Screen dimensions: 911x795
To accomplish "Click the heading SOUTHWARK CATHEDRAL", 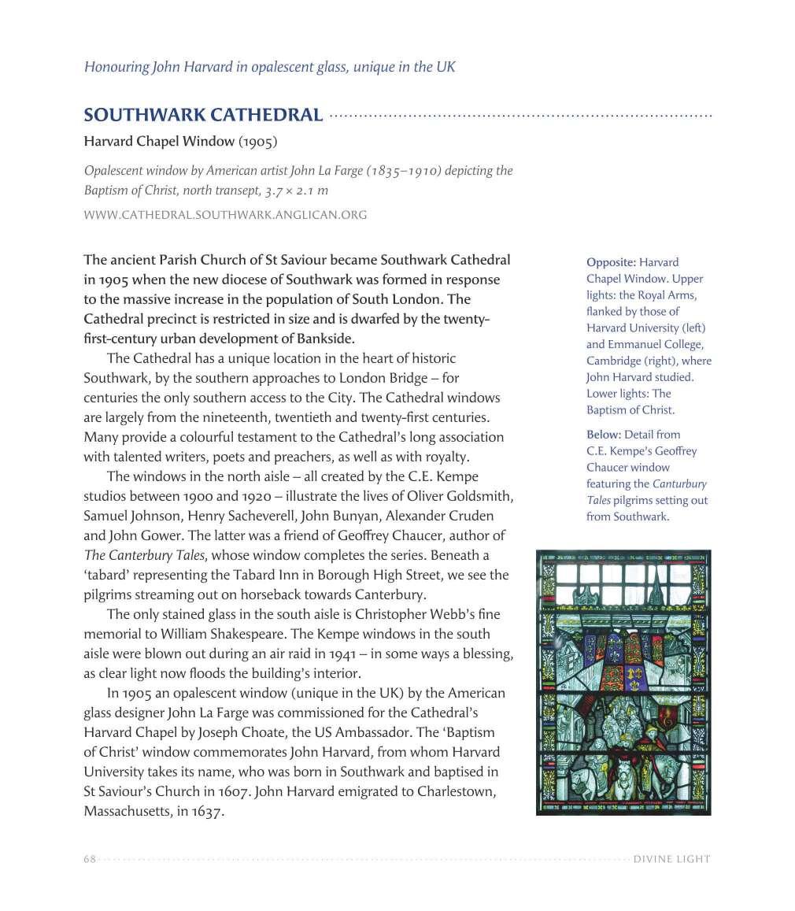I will (203, 115).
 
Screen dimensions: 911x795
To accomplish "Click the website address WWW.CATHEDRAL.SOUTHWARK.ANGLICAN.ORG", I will (225, 214).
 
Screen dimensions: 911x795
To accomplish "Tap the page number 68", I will (90, 859).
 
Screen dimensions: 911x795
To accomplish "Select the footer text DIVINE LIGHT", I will (671, 859).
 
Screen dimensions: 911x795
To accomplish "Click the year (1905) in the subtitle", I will (258, 143).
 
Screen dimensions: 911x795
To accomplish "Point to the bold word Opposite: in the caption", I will (611, 262).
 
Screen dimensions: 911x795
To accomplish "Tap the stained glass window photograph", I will (623, 682).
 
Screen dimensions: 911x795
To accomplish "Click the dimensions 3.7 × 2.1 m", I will (289, 191).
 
